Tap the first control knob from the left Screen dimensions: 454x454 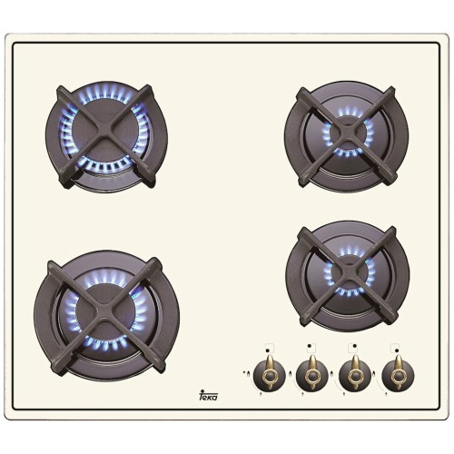(270, 373)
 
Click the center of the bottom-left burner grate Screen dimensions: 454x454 (106, 313)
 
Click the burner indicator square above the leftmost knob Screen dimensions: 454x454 (269, 346)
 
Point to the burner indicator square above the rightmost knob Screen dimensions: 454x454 (397, 346)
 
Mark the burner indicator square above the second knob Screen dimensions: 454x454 (311, 346)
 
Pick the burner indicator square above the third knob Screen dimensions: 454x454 (354, 346)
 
